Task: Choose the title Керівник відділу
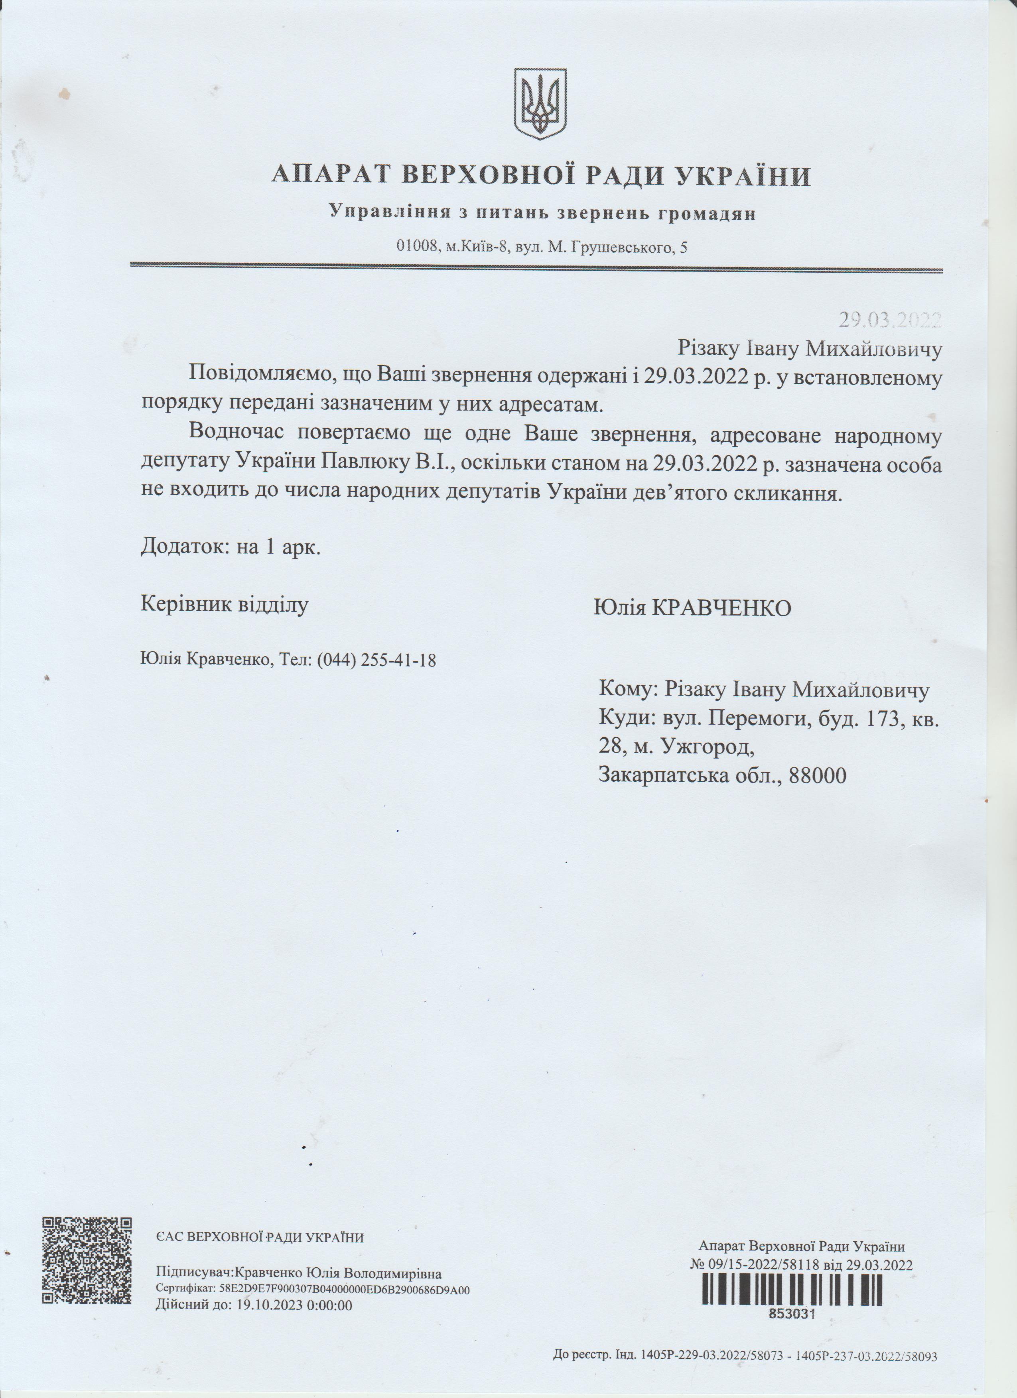pyautogui.click(x=225, y=604)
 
